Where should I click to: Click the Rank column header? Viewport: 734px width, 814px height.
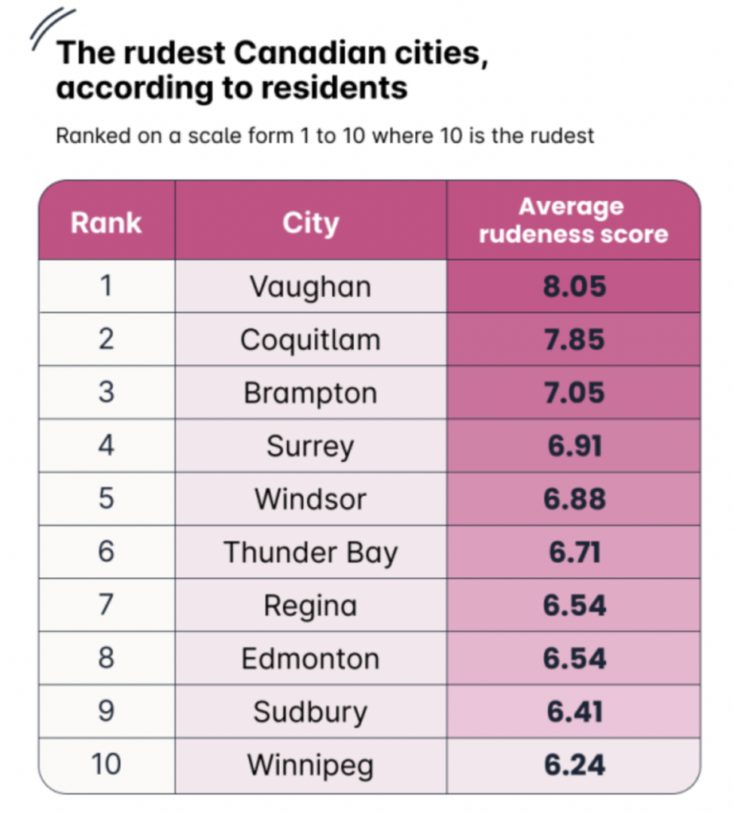(x=106, y=223)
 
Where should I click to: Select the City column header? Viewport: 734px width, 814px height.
(x=310, y=223)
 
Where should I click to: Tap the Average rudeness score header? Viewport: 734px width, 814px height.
(x=573, y=220)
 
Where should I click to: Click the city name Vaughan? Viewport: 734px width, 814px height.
(x=310, y=286)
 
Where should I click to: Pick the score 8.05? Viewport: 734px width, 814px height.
(x=574, y=286)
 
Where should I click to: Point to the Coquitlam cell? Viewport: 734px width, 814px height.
(x=310, y=339)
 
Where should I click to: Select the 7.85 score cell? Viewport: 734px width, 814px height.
(x=574, y=339)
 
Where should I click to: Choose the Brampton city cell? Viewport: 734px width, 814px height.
(x=310, y=393)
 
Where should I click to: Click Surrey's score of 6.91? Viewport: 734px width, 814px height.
(x=574, y=446)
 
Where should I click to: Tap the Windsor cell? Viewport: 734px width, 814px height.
(x=310, y=499)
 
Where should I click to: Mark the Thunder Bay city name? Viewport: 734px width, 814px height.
(x=310, y=552)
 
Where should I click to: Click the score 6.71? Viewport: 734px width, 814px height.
(x=574, y=552)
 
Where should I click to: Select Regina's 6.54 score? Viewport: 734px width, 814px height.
(x=574, y=606)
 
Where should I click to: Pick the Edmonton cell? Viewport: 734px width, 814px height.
(x=310, y=659)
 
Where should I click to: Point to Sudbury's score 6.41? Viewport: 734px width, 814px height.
(x=574, y=712)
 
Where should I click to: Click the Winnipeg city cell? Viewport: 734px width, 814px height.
(x=310, y=766)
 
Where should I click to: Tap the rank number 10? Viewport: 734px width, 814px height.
(x=106, y=766)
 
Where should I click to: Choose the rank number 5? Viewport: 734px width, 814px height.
(x=106, y=499)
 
